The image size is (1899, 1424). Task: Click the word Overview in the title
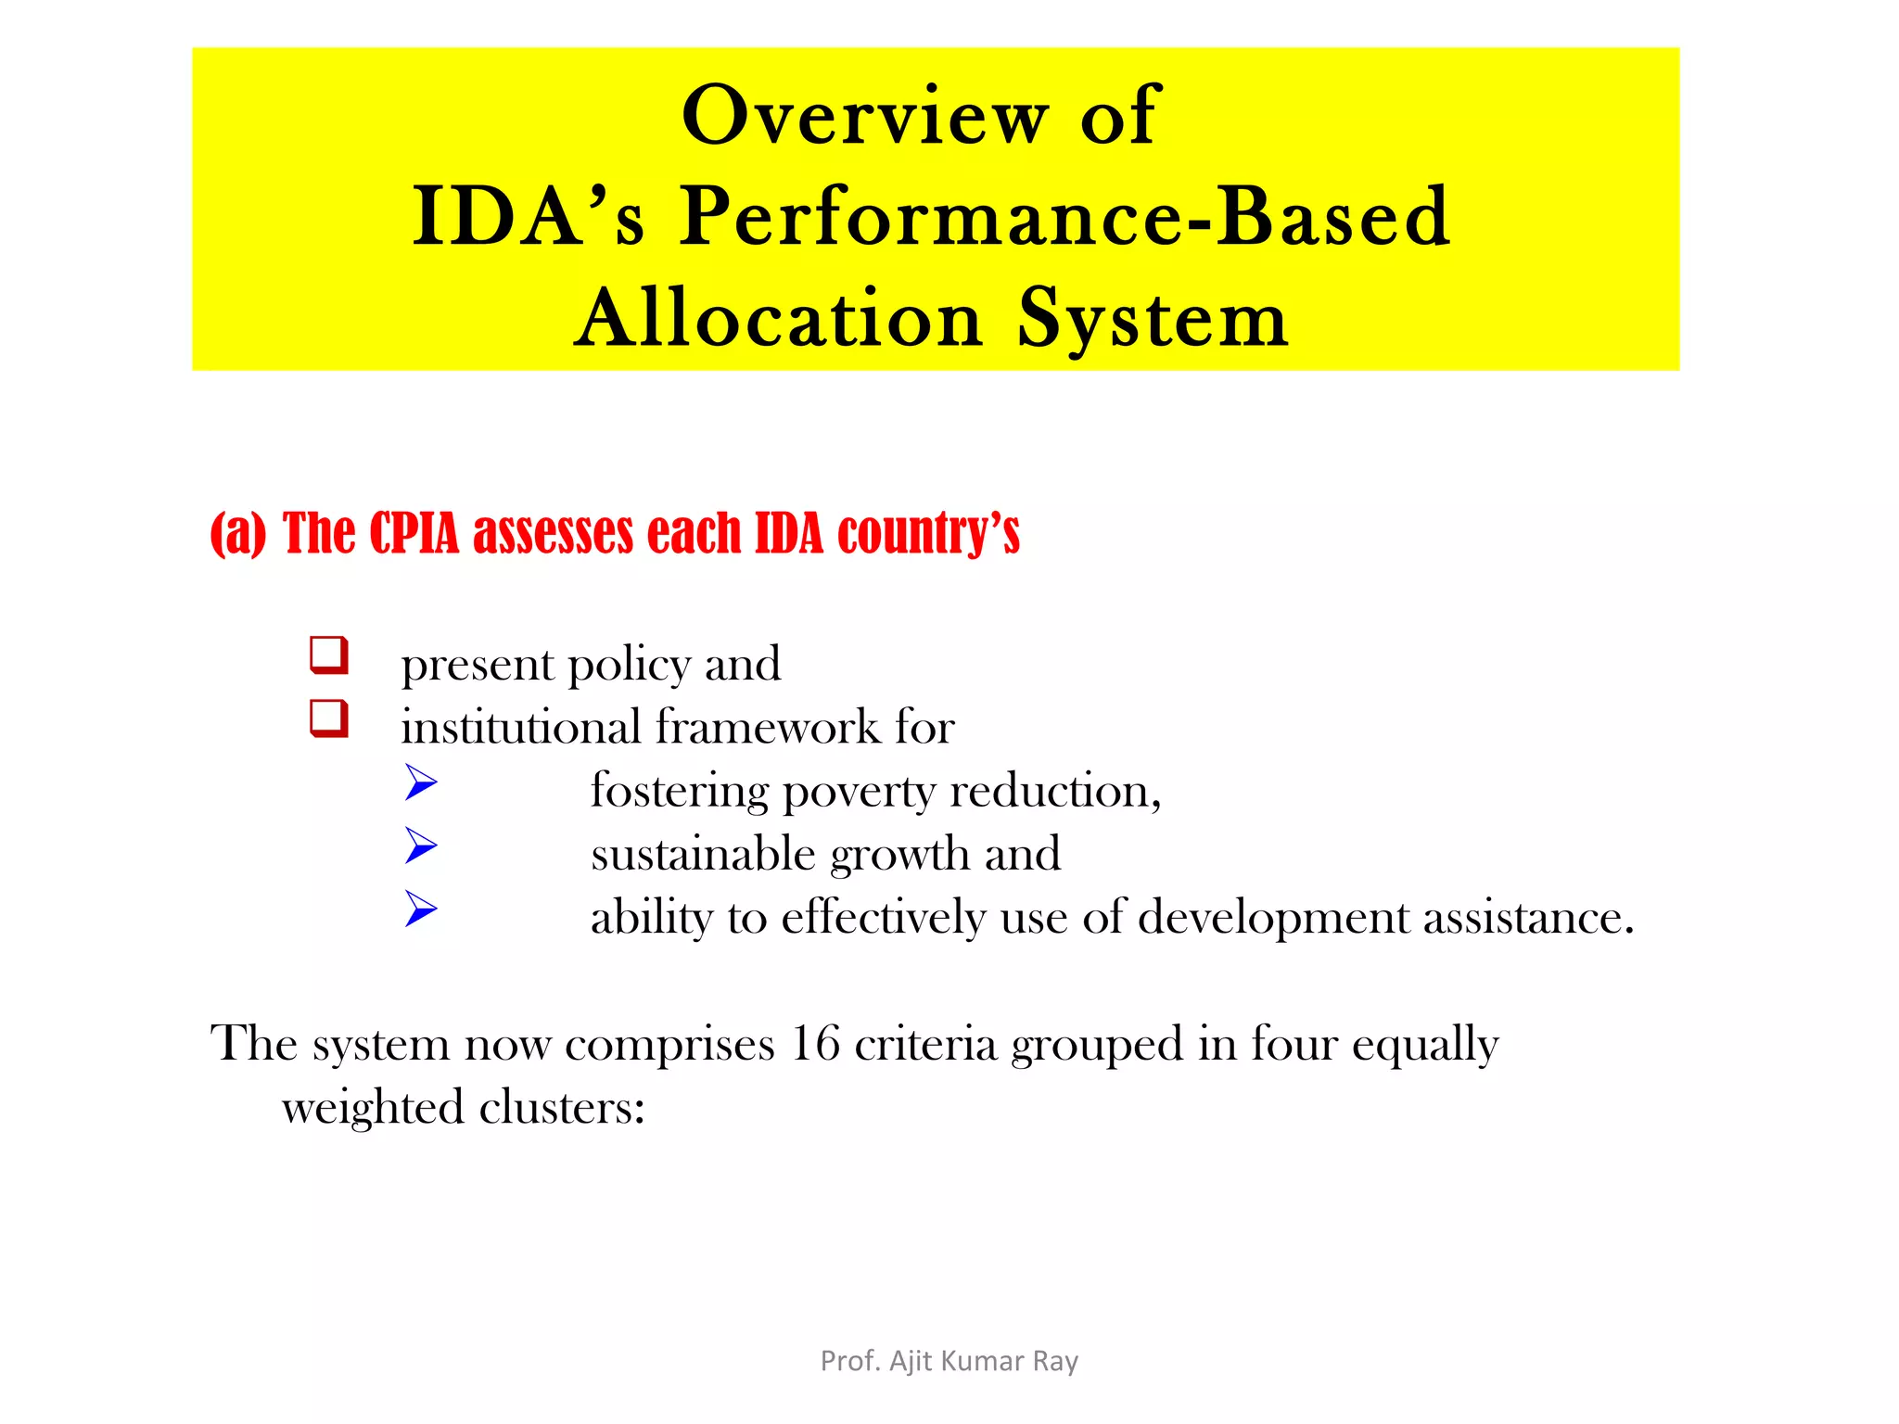(865, 116)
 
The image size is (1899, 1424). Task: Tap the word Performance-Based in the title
(1064, 217)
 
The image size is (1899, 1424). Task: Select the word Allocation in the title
(778, 319)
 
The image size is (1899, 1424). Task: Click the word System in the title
(1153, 319)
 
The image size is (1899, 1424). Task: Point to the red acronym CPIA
(414, 534)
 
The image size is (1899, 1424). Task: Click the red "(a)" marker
(238, 534)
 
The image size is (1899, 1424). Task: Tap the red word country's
(928, 534)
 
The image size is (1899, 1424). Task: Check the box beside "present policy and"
(329, 655)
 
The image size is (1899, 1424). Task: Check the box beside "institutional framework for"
(329, 719)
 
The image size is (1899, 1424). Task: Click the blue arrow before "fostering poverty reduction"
(421, 783)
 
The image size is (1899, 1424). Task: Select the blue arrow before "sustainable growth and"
(421, 845)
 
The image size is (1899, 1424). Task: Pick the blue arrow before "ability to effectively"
(421, 909)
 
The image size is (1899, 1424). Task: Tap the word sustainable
(703, 854)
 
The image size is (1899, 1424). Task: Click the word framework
(767, 727)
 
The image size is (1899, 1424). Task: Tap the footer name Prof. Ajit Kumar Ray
(949, 1361)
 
